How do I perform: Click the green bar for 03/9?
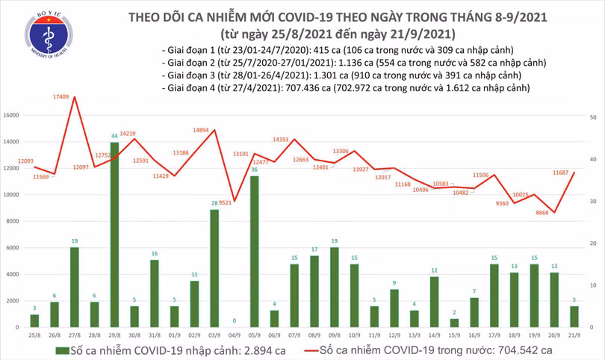214,268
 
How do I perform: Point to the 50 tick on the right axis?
592,118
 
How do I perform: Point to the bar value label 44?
114,136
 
